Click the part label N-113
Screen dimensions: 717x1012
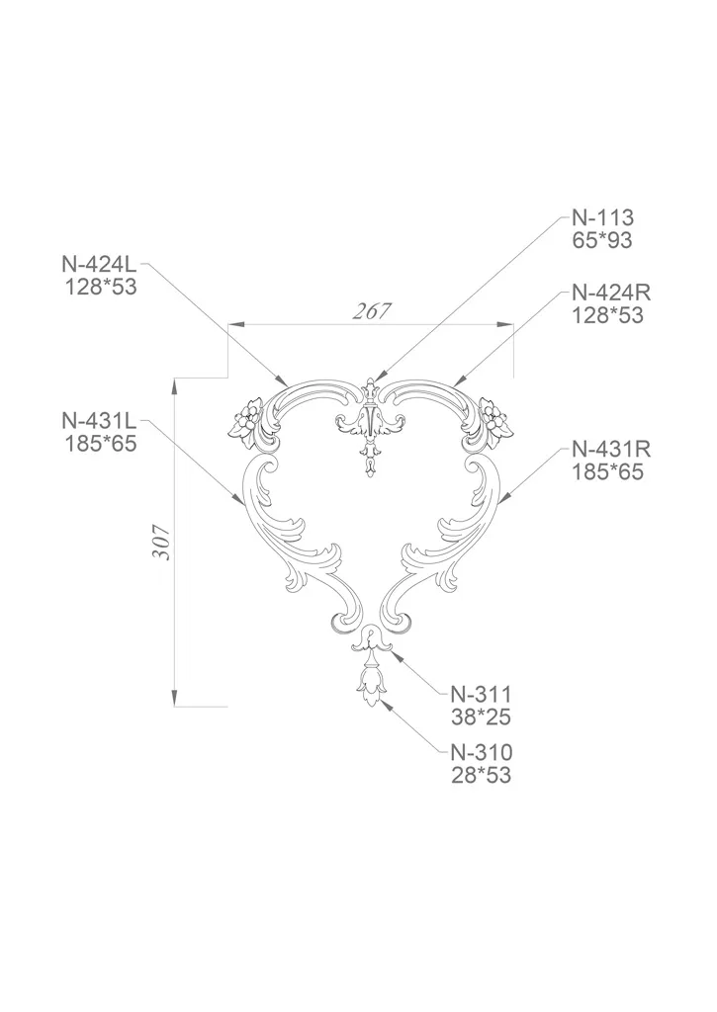602,217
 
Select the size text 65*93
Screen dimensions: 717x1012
602,240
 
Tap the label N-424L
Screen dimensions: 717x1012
100,264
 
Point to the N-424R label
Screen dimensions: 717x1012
611,293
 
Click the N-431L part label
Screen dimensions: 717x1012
100,421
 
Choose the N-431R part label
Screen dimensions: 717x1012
611,450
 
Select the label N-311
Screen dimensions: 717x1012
482,695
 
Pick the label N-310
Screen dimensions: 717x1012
482,752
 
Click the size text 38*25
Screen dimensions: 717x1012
482,717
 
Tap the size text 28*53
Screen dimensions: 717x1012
482,775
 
